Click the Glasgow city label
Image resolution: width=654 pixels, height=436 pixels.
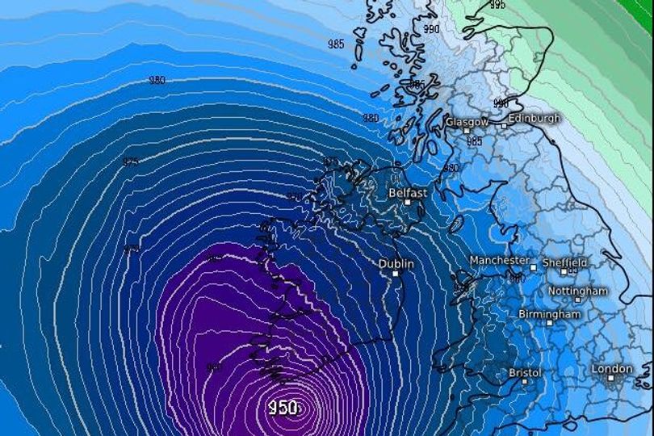click(467, 122)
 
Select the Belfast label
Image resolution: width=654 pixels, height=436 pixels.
click(408, 194)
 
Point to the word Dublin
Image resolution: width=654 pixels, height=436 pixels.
click(396, 264)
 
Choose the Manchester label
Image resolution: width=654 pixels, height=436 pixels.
click(500, 261)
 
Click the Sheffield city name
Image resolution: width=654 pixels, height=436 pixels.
click(565, 262)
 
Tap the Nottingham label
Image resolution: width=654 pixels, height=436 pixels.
click(578, 291)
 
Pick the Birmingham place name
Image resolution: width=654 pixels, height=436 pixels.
click(550, 314)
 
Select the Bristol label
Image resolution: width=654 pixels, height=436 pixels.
click(526, 373)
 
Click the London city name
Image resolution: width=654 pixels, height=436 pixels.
click(613, 369)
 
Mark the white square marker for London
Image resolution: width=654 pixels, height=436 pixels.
click(611, 378)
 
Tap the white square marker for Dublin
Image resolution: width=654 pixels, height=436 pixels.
click(396, 274)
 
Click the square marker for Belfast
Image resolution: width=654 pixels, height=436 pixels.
click(408, 203)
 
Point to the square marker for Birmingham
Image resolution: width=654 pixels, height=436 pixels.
click(550, 323)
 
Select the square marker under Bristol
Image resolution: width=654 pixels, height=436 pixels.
click(524, 382)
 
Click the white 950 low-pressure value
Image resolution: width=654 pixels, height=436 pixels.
click(283, 408)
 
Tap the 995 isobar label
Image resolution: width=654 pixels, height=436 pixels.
click(497, 5)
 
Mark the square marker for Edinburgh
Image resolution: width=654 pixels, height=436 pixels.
click(504, 125)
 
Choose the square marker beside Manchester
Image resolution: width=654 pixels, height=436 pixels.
click(534, 265)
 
